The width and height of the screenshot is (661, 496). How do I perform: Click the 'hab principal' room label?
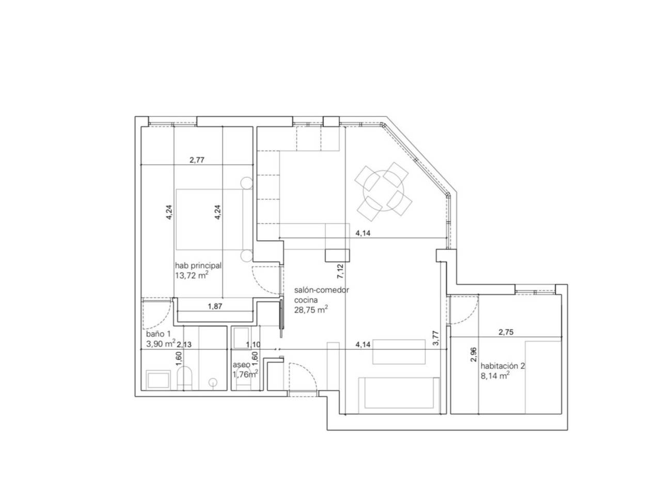pos(198,266)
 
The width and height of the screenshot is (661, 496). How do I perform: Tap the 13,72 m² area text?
pos(192,275)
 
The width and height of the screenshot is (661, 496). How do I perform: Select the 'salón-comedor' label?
pos(321,290)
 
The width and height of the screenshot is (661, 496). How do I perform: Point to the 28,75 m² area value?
pos(311,309)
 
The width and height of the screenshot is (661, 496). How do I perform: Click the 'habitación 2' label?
pos(502,366)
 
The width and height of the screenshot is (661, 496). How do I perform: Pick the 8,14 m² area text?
pos(495,376)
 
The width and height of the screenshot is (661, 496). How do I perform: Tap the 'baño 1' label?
pos(158,334)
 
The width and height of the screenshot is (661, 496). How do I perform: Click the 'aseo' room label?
pos(241,365)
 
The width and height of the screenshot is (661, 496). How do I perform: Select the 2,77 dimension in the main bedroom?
pos(197,160)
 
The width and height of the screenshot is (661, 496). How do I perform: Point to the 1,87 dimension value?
pos(215,306)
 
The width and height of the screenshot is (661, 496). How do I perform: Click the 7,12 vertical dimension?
pos(340,271)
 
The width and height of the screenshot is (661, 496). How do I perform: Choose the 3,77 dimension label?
pos(435,338)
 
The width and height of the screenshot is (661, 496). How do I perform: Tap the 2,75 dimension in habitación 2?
pos(506,332)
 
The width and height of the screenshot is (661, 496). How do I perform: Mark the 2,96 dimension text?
pos(474,354)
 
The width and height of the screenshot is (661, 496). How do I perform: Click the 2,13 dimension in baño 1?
pos(184,344)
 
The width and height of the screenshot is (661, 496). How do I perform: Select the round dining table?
pos(383,191)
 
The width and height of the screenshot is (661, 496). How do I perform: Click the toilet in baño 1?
pos(184,378)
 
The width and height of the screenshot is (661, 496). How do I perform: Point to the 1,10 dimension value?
pos(253,345)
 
